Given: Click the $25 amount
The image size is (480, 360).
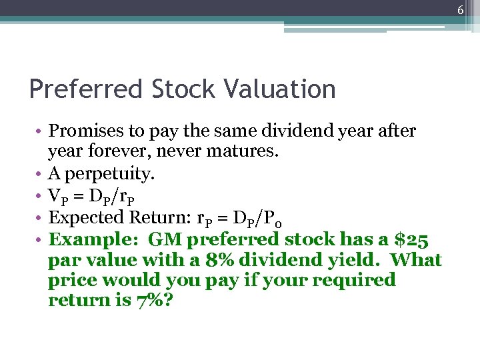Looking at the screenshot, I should pyautogui.click(x=414, y=239).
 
